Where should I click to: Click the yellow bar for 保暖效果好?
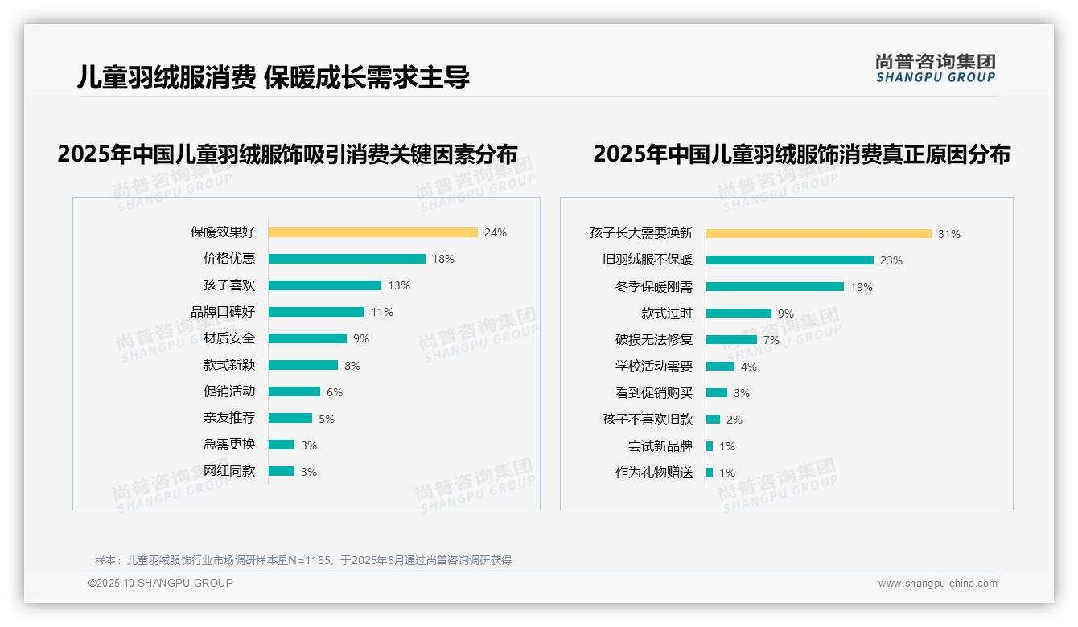pos(372,232)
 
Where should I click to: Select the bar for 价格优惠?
pos(347,259)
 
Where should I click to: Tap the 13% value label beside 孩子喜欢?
pos(398,285)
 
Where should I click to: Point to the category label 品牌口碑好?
pos(223,312)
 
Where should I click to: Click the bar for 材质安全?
pos(307,338)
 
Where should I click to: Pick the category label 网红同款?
pos(229,471)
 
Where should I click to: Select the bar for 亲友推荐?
pos(290,418)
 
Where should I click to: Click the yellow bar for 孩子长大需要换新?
pos(818,234)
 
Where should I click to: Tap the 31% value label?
pos(948,234)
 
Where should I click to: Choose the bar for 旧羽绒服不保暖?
pos(789,260)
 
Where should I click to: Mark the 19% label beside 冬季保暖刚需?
pos(861,287)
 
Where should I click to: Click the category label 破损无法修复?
pos(654,340)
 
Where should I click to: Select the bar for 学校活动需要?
pos(720,367)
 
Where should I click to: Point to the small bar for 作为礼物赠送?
pos(710,473)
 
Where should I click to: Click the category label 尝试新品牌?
pos(660,446)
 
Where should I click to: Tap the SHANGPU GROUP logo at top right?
pos(936,68)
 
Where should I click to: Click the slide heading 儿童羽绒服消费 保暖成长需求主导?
pos(273,77)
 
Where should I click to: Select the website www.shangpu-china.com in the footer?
pos(937,584)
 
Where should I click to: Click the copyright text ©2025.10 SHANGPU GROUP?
pos(161,583)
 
